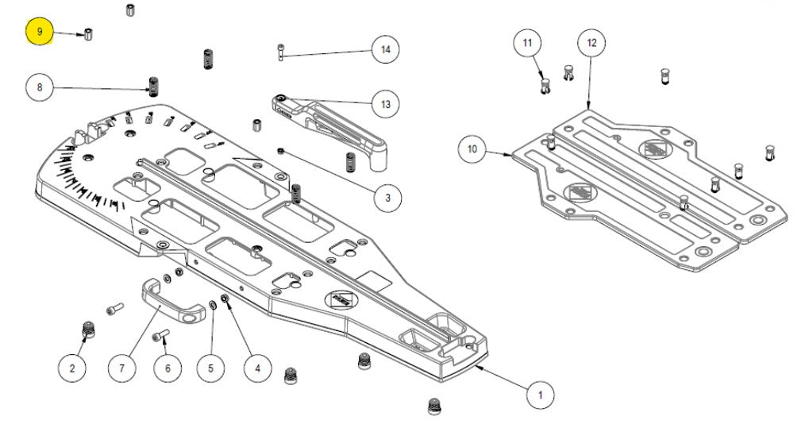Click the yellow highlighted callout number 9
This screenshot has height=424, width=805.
point(40,33)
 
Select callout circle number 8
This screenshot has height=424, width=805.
point(40,87)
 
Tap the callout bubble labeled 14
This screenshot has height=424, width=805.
point(386,49)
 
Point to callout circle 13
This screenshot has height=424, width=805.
point(386,104)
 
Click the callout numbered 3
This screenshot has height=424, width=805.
point(387,197)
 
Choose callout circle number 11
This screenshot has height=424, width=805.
point(529,43)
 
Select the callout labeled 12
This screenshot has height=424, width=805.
point(591,43)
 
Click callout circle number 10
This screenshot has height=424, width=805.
point(473,148)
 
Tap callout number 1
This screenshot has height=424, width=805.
point(541,394)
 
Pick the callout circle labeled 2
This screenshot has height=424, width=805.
point(72,368)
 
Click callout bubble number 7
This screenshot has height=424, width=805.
point(122,368)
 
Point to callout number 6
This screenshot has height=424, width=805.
point(167,368)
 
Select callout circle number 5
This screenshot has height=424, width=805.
point(210,368)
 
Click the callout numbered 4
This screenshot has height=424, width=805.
point(257,368)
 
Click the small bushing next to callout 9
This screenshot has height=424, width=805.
point(88,35)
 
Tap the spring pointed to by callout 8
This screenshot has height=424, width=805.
point(155,84)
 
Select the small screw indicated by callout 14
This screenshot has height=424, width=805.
point(281,52)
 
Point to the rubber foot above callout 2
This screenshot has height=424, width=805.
point(89,328)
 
